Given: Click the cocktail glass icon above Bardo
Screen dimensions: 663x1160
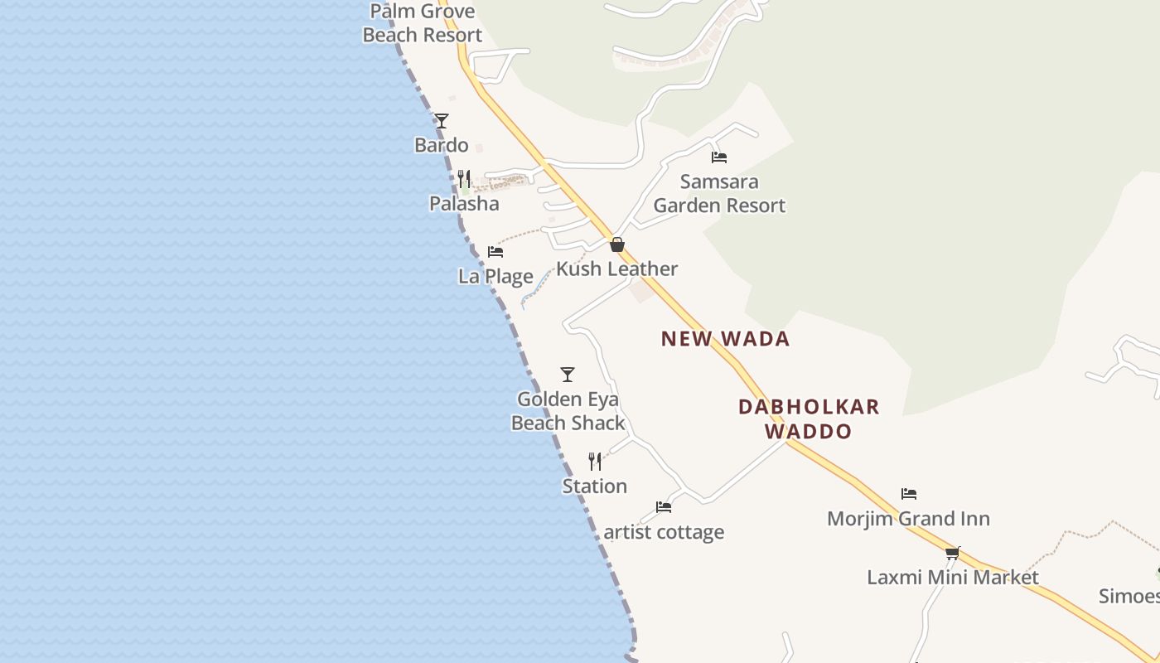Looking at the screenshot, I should click(x=442, y=121).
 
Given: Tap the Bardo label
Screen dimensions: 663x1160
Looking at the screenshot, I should click(x=441, y=145).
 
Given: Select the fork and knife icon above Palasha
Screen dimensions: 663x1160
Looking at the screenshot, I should click(x=464, y=179).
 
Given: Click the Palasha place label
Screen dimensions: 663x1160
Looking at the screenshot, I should click(x=464, y=203).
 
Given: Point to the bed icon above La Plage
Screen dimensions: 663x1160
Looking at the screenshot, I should click(x=495, y=252).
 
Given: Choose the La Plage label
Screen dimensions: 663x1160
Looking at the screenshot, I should click(x=495, y=276).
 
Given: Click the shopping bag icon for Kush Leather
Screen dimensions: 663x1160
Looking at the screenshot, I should click(x=616, y=244).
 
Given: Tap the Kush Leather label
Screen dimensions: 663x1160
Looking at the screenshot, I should click(x=616, y=269).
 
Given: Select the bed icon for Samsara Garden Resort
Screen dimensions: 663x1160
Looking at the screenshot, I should click(x=719, y=157).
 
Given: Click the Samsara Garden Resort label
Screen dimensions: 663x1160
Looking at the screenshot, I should click(x=719, y=193).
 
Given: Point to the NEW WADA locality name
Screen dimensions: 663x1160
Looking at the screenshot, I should click(x=725, y=338).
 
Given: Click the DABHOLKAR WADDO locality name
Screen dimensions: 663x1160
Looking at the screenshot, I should click(x=809, y=419).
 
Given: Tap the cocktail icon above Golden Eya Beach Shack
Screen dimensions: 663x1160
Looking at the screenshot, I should click(x=568, y=375).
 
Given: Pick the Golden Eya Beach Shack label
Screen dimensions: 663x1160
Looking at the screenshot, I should click(x=568, y=411).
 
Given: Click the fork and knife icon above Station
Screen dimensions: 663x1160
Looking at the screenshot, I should click(x=595, y=462).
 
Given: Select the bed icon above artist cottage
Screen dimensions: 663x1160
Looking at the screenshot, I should click(x=664, y=507).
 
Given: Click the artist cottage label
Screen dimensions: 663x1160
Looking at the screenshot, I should click(x=664, y=532).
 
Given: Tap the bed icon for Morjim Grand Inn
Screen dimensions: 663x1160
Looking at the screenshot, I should click(x=909, y=494).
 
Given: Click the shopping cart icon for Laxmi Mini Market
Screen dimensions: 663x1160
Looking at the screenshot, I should click(x=953, y=553).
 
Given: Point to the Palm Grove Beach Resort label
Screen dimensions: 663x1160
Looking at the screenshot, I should click(x=423, y=23).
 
